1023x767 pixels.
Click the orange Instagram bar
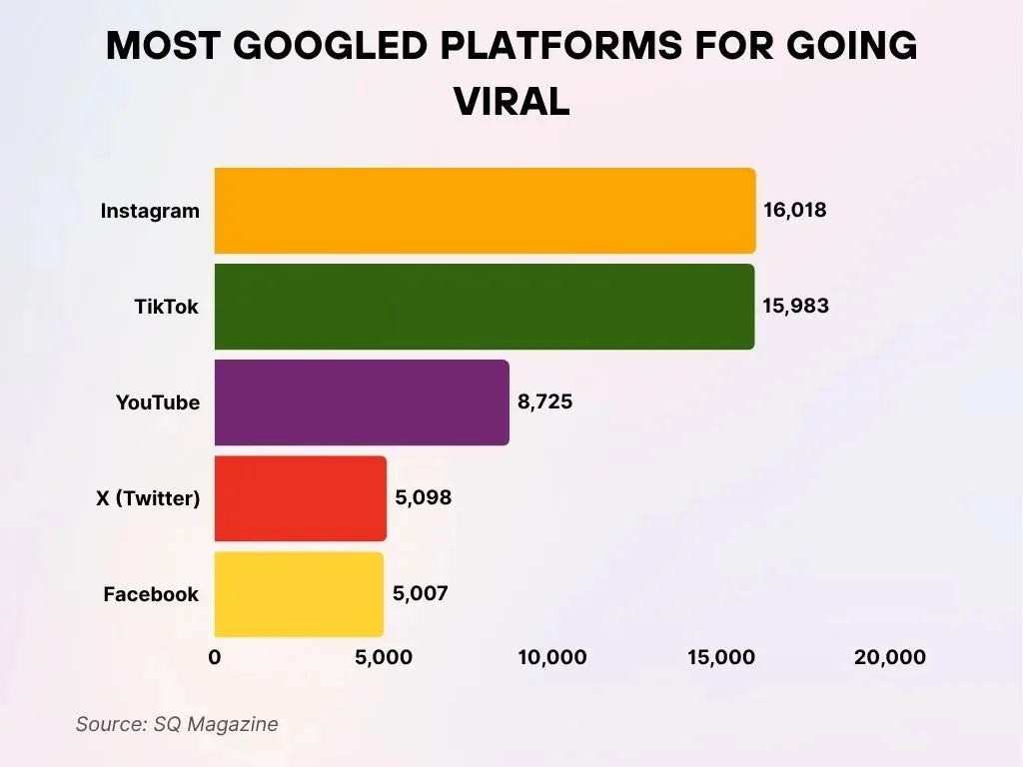485,211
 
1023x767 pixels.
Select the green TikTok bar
485,307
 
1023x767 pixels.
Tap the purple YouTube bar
362,402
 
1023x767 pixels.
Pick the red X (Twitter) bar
300,498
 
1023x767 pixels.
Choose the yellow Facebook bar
299,594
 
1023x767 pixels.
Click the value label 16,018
795,211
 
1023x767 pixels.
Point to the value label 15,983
795,307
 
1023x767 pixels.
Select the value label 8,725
544,402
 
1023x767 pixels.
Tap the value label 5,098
423,498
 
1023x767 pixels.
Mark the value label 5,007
421,594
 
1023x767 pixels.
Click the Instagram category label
150,212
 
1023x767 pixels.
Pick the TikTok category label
167,308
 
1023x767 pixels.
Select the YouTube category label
158,403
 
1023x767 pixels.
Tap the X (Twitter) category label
148,499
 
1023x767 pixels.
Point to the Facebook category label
151,595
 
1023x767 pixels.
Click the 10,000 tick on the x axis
552,658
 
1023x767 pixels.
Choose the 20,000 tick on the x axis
890,658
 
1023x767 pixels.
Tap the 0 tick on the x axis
215,658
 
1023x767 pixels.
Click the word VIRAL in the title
511,101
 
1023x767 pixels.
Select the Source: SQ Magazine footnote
177,724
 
